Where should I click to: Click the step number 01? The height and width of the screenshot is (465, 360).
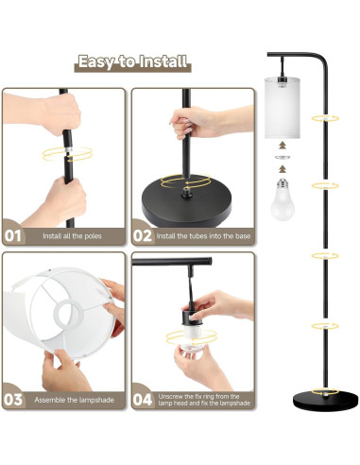[13, 236]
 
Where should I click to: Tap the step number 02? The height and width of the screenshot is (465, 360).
[143, 236]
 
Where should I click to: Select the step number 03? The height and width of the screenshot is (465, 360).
[13, 400]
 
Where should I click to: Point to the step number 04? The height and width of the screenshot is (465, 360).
[143, 400]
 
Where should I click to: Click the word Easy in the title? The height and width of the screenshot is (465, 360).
[94, 61]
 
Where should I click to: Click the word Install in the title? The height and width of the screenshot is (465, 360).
[163, 61]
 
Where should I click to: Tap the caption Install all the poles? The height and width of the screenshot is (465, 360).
[72, 236]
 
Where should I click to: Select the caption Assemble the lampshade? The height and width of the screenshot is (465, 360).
[74, 400]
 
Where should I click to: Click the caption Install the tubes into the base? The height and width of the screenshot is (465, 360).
[203, 236]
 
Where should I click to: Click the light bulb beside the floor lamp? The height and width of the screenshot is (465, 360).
[283, 199]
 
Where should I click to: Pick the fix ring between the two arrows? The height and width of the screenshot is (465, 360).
[283, 157]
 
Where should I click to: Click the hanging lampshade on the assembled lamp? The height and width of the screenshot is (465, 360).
[283, 108]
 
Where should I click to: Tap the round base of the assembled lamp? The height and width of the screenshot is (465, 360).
[326, 401]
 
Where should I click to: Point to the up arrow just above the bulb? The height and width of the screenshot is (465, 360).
[283, 169]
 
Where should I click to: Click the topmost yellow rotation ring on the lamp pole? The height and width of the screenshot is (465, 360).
[325, 118]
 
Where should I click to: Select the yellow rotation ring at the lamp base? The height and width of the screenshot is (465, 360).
[325, 392]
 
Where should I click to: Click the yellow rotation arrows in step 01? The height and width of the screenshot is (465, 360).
[67, 154]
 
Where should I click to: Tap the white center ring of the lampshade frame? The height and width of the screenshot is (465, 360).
[69, 314]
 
